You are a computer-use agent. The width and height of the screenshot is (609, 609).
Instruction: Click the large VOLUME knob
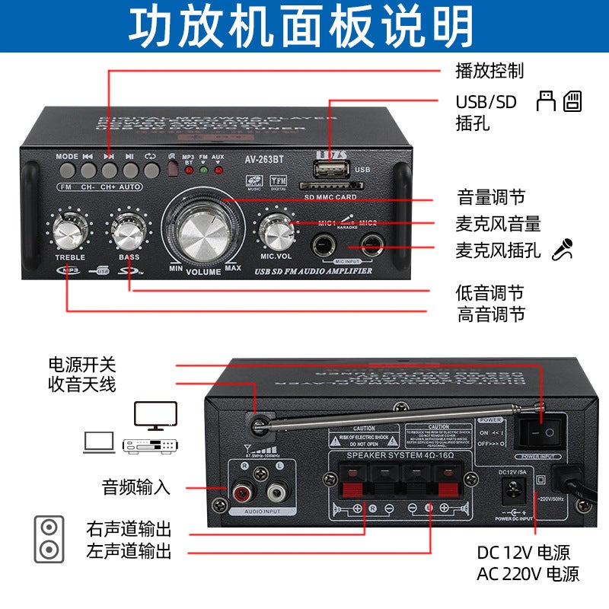[204, 228]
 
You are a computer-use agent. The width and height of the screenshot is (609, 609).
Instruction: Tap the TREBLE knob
[70, 230]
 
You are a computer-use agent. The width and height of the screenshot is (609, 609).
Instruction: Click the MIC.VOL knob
[276, 229]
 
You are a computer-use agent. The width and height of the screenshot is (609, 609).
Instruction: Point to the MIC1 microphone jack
[325, 246]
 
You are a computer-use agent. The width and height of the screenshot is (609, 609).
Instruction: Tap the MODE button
[67, 169]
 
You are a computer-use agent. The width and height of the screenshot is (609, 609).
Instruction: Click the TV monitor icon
[155, 416]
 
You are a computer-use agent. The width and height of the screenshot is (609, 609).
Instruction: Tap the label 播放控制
[489, 71]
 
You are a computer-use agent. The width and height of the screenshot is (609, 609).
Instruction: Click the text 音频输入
[137, 487]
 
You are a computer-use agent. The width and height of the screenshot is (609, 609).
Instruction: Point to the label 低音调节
[489, 292]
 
